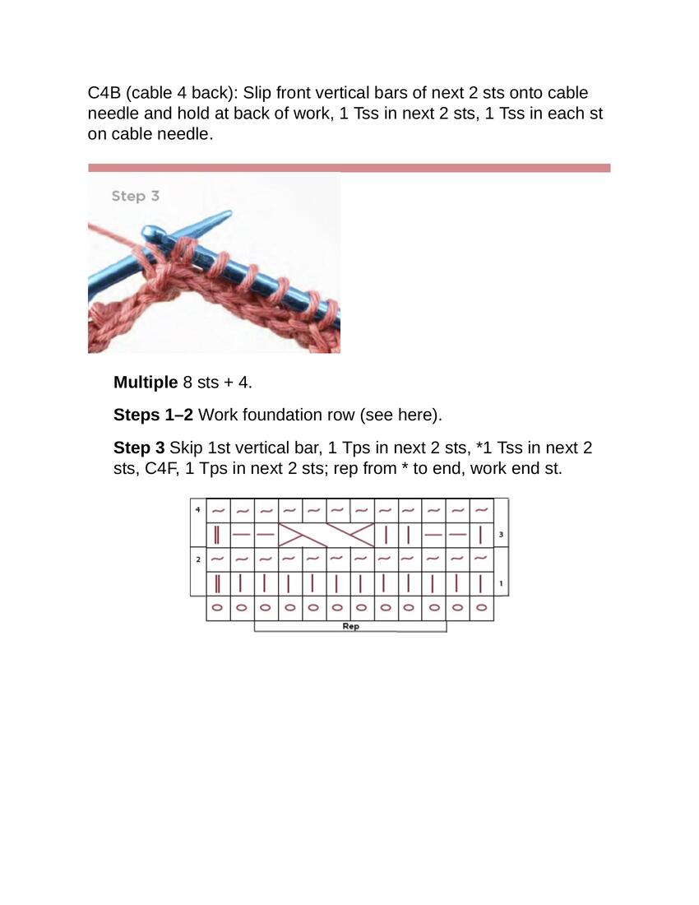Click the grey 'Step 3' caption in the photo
coord(135,196)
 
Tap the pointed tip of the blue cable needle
coord(228,215)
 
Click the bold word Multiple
coord(146,383)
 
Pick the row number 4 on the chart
coord(197,510)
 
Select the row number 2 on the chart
coord(197,559)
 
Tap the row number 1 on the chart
coord(501,584)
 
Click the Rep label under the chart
coord(350,626)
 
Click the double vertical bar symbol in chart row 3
coord(217,535)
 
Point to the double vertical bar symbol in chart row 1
coord(217,584)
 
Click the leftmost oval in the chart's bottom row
coord(217,609)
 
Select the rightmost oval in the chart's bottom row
coord(481,609)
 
